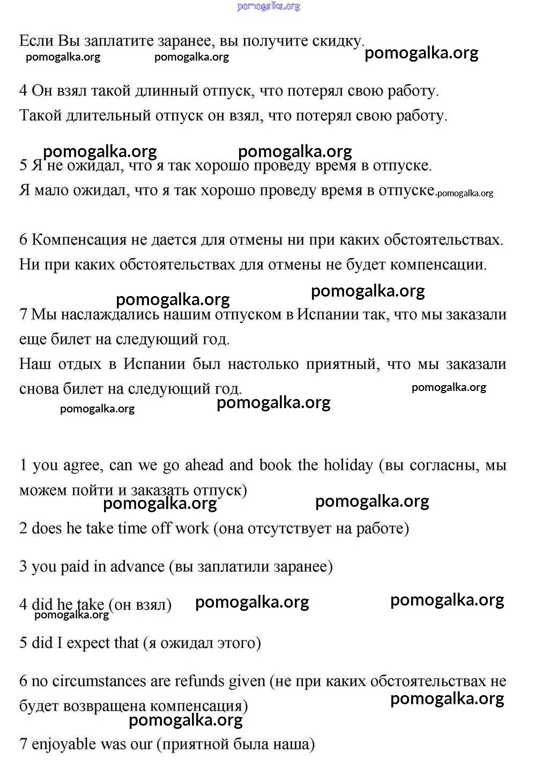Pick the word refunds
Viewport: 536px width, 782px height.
[199, 681]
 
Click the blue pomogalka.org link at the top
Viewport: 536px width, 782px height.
[268, 6]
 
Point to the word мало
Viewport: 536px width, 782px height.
[50, 191]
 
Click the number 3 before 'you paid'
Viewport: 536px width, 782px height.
[23, 567]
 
